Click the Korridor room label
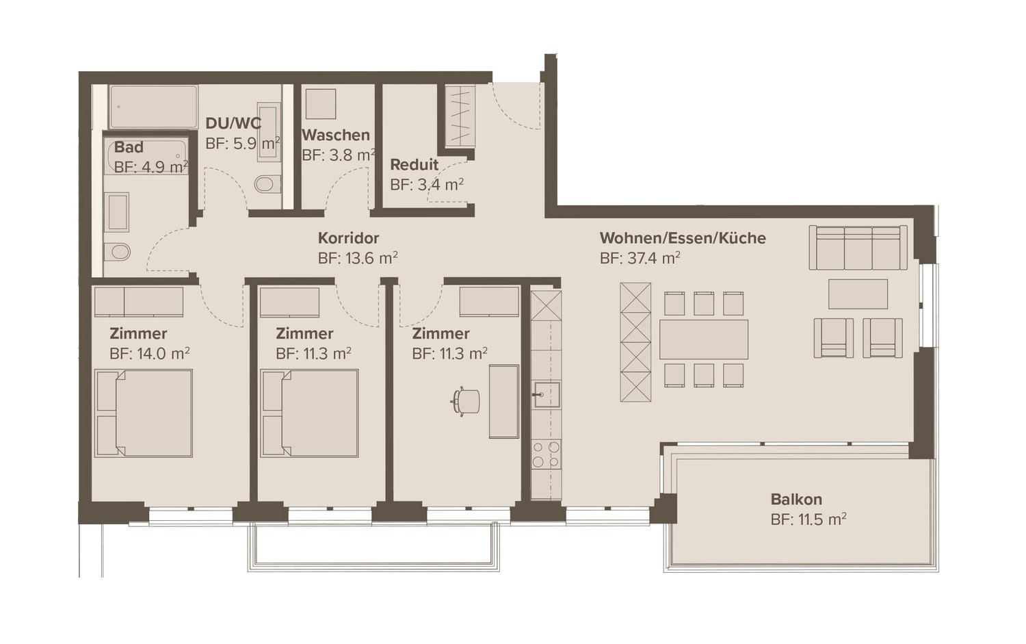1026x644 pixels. [x=348, y=238]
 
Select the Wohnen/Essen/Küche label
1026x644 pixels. [x=682, y=238]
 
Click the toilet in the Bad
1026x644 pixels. [x=118, y=252]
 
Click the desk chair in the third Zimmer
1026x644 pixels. [x=465, y=401]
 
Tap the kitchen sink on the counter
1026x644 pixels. [x=547, y=394]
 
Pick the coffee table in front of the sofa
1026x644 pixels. [x=858, y=294]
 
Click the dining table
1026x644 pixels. [x=703, y=339]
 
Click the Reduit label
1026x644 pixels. [x=414, y=165]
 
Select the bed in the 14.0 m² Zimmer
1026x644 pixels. [x=144, y=413]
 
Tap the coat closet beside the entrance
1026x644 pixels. [x=459, y=115]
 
